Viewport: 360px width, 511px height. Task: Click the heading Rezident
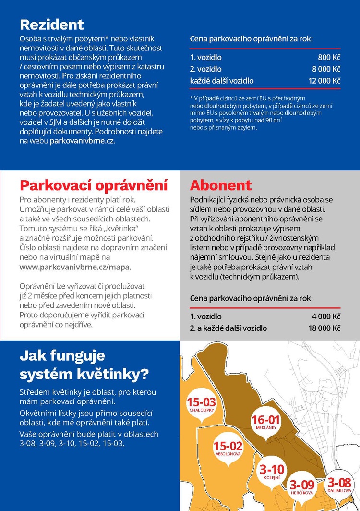pos(52,24)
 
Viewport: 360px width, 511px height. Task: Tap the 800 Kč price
pos(329,57)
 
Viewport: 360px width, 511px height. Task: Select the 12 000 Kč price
pos(324,81)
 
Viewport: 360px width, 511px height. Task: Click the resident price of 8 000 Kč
pos(326,69)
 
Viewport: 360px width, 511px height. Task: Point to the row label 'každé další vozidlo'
pos(222,81)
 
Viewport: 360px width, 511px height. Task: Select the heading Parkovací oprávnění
pos(94,185)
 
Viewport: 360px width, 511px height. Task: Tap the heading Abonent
pos(221,185)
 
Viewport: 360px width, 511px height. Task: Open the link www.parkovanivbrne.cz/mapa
pos(74,267)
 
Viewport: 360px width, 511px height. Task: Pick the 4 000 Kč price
pos(326,316)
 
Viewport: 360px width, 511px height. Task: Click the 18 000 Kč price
pos(324,328)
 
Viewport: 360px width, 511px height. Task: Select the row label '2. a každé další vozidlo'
pos(228,328)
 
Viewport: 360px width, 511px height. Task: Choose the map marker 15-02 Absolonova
pos(228,449)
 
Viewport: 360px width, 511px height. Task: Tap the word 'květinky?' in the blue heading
pos(114,373)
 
